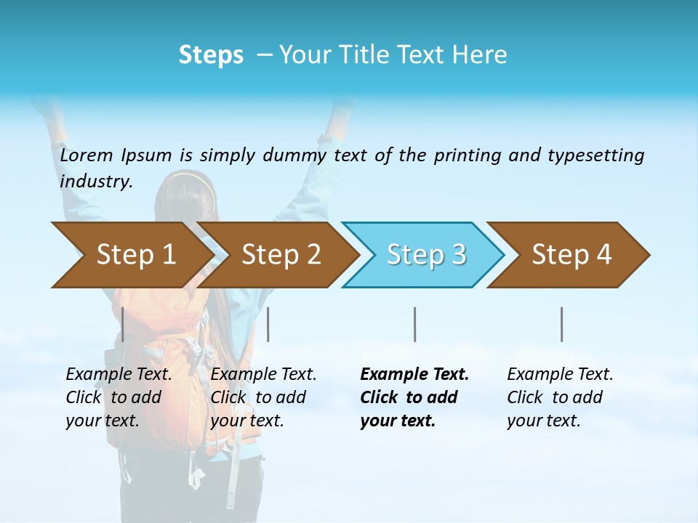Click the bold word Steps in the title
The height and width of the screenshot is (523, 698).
tap(211, 55)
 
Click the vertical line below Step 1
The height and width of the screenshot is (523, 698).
tap(123, 324)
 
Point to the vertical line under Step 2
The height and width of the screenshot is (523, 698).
tap(268, 324)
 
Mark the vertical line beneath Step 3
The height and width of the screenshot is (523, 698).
tap(415, 324)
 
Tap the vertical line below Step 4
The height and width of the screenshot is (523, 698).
tap(561, 324)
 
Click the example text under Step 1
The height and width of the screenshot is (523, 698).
tap(119, 397)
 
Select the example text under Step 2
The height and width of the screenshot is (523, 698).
tap(263, 397)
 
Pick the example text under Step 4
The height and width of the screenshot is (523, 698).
tap(560, 397)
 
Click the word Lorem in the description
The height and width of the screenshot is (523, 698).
tap(87, 155)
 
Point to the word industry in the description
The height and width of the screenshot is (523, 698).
tap(96, 182)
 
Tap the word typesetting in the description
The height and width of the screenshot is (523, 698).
tap(595, 155)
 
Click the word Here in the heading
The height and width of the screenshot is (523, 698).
tap(479, 55)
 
